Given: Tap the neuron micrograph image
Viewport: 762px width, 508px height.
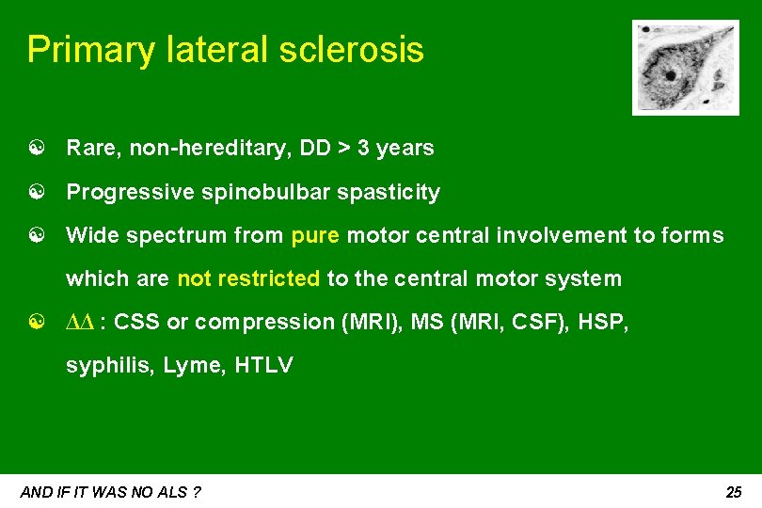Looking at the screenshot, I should pyautogui.click(x=672, y=67).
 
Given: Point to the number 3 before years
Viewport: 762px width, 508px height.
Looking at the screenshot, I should pyautogui.click(x=363, y=148).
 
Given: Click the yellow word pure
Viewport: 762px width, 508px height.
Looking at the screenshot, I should pyautogui.click(x=316, y=235).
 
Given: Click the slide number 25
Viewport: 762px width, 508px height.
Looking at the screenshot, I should pyautogui.click(x=734, y=492).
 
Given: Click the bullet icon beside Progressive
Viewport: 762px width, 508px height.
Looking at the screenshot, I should pyautogui.click(x=34, y=193).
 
